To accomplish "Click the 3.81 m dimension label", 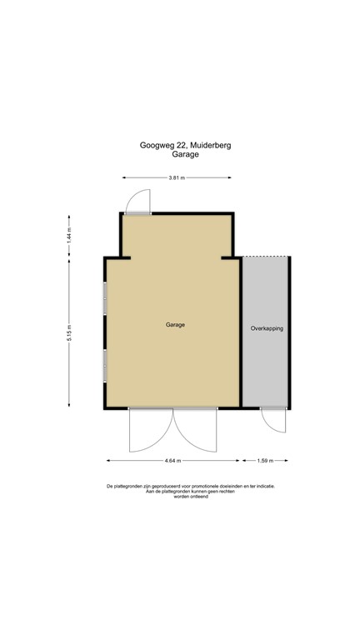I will coord(176,177).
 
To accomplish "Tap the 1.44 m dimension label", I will coord(70,237).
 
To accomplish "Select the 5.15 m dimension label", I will coord(70,333).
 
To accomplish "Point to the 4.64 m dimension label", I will coord(173,460).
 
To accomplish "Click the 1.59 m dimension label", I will coord(265,460).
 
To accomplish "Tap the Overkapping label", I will coord(267,329).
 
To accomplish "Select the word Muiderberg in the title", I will coord(211,145).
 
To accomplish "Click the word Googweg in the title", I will coord(156,145).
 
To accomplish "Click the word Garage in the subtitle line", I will coord(185,155).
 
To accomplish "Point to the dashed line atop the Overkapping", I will coord(266,257).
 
